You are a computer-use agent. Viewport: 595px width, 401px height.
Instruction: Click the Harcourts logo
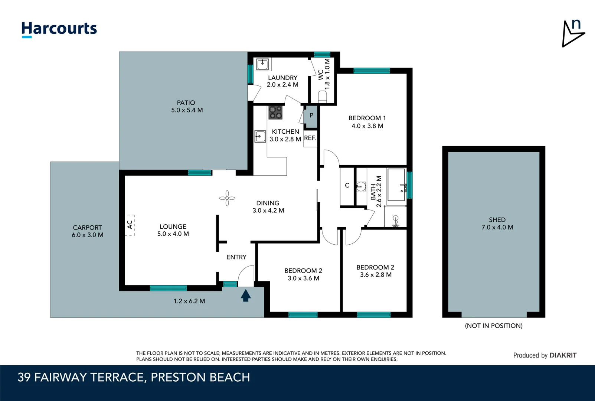[x=59, y=29]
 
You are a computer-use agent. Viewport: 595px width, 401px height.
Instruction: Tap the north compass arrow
[x=573, y=34]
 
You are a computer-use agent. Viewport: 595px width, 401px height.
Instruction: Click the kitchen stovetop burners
[x=275, y=113]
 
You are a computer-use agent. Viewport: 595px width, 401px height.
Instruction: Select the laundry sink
[x=262, y=64]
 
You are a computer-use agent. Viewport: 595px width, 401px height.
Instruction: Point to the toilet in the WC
[x=323, y=97]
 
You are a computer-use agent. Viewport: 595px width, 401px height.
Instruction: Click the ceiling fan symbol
[x=227, y=198]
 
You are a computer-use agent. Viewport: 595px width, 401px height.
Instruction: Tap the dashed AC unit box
[x=130, y=225]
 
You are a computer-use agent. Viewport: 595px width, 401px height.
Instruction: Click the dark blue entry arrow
[x=246, y=296]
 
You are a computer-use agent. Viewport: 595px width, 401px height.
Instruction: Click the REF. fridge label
[x=310, y=138]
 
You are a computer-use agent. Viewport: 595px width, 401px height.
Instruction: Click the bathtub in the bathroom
[x=396, y=185]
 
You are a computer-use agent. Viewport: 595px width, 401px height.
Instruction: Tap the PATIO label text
[x=186, y=102]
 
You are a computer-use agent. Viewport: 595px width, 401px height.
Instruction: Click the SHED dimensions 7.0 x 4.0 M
[x=497, y=227]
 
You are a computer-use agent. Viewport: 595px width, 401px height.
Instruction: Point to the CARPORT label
[x=87, y=228]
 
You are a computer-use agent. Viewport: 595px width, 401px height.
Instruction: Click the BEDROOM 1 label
[x=367, y=118]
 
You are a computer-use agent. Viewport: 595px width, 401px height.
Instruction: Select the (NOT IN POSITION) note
[x=494, y=326]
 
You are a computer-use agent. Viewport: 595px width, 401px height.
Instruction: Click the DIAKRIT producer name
[x=563, y=355]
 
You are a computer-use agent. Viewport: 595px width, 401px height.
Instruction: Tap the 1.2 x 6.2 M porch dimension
[x=189, y=301]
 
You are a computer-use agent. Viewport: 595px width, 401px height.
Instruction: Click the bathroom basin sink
[x=361, y=186]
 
